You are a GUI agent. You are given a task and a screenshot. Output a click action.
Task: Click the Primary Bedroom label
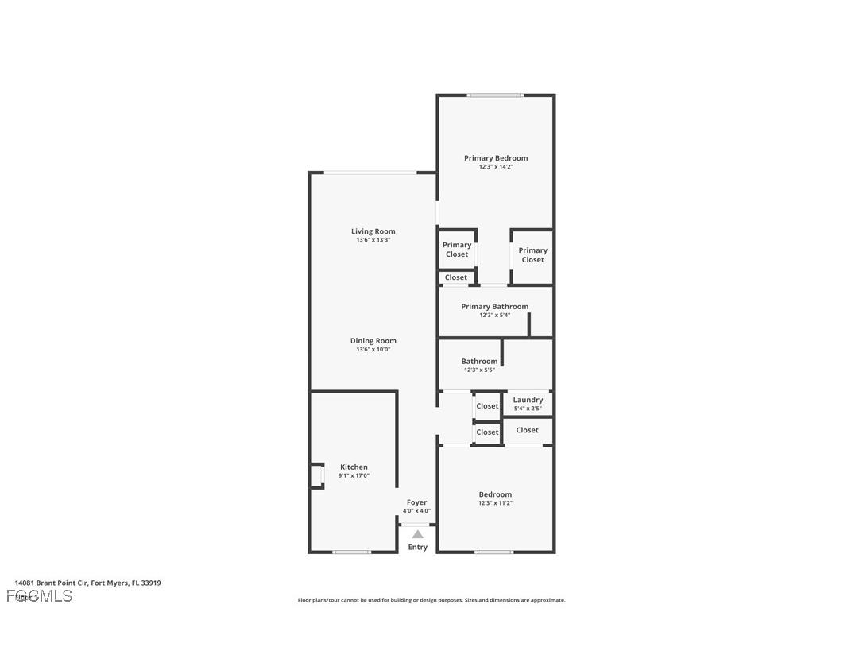[496, 158]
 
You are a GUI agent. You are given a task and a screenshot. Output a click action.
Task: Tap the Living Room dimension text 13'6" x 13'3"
[373, 240]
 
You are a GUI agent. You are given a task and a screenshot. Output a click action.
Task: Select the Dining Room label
[373, 341]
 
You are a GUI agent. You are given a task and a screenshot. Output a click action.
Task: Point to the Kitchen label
[354, 467]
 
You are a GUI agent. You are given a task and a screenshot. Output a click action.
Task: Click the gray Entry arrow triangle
[418, 534]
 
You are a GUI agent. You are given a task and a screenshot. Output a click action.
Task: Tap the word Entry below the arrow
[418, 547]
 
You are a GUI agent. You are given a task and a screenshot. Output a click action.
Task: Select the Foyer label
[416, 502]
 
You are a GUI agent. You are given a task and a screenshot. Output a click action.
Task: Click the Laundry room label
[528, 400]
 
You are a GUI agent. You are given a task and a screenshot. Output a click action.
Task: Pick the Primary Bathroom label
[494, 307]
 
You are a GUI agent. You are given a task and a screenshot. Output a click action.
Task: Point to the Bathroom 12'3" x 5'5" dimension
[479, 370]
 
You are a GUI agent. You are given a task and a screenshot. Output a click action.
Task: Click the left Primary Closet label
[457, 250]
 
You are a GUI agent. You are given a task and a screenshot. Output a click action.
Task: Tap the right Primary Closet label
[532, 255]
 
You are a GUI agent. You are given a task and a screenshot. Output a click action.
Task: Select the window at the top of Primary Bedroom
[495, 95]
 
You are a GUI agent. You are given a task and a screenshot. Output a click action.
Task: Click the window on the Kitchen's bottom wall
[351, 552]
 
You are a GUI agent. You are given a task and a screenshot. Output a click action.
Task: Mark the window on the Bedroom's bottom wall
[493, 552]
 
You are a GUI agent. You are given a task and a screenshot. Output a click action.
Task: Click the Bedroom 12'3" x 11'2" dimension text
[495, 503]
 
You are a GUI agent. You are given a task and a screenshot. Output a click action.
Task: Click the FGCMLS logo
[40, 596]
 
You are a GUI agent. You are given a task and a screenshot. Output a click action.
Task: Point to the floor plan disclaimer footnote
[431, 600]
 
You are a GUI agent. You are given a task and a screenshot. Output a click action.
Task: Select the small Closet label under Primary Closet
[456, 277]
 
